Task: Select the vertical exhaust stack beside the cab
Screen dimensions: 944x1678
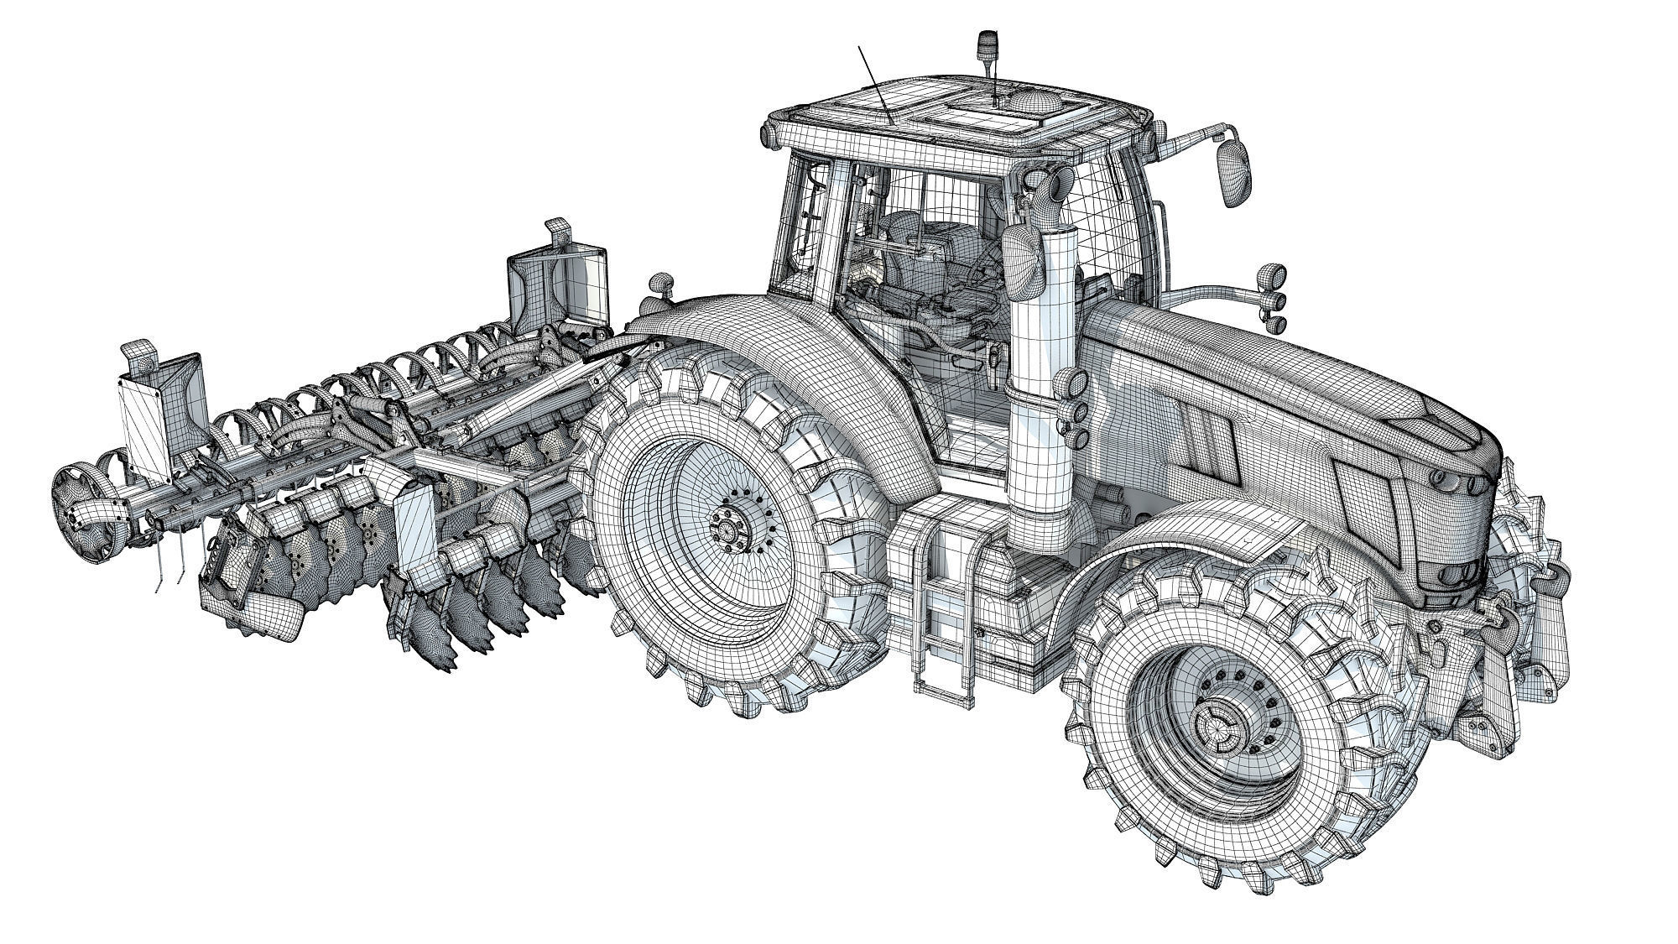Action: point(1044,378)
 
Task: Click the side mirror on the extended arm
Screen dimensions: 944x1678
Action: point(1232,171)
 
